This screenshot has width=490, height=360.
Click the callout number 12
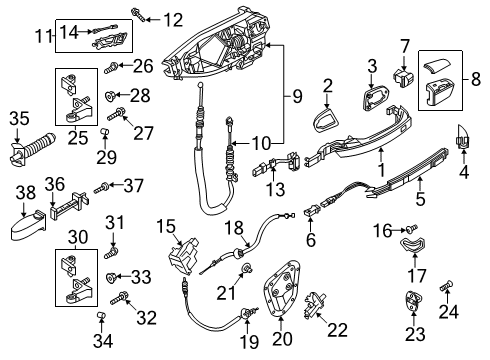(173, 20)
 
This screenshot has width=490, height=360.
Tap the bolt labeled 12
(138, 14)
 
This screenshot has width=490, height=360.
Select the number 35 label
(19, 119)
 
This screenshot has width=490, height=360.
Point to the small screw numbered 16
(412, 229)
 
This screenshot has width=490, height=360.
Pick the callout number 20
(282, 339)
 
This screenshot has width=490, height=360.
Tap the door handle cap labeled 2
(327, 120)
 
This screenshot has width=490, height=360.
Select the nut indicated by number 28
(110, 96)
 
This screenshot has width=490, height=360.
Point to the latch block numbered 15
(184, 256)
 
